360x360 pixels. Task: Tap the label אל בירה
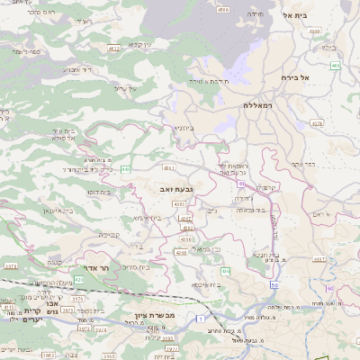(294, 77)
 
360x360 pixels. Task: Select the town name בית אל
(294, 15)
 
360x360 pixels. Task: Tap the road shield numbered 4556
(223, 10)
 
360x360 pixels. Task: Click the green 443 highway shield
(125, 168)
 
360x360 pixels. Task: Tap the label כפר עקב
(301, 163)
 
